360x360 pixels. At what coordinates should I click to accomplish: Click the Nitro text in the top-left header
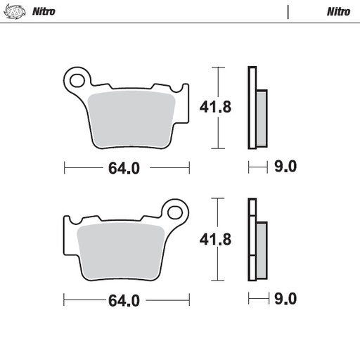tap(44, 11)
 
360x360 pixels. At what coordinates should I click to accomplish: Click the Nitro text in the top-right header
tap(338, 11)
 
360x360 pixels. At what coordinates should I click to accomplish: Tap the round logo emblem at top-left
tap(15, 11)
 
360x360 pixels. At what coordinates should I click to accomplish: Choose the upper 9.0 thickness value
tap(286, 167)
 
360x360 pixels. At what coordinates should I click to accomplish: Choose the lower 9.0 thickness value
tap(286, 299)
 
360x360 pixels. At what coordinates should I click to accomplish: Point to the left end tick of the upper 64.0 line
tap(65, 167)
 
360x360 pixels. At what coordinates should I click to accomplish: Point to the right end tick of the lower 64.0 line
tap(190, 300)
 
